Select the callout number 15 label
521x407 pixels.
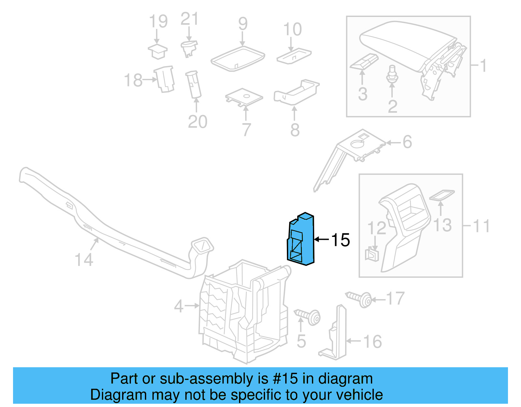340,240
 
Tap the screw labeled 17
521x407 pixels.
360,298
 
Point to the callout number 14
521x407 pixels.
84,260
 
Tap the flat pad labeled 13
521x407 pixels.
442,195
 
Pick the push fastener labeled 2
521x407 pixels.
392,75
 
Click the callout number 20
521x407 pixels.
197,122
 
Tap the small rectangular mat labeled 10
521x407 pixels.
294,56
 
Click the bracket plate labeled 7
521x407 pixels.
244,97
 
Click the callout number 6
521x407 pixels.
407,142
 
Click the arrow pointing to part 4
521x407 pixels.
192,306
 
